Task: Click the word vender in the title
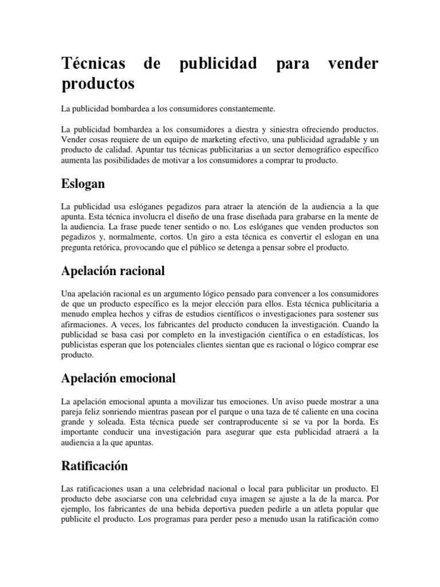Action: click(x=353, y=64)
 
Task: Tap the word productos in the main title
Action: click(x=98, y=84)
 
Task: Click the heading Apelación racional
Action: click(x=113, y=270)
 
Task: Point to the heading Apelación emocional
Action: click(x=118, y=378)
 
